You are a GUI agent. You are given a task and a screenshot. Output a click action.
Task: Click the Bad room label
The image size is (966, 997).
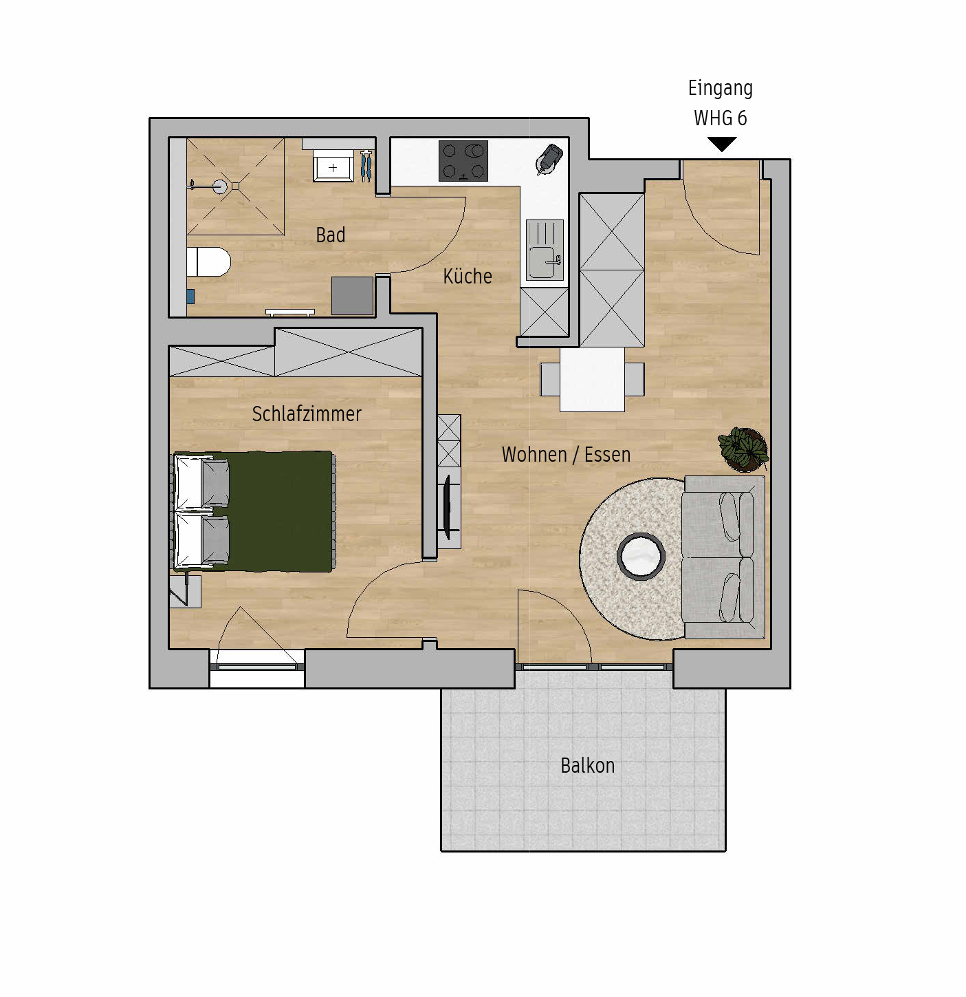tap(330, 235)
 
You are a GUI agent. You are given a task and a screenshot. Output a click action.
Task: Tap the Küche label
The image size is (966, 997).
tap(468, 277)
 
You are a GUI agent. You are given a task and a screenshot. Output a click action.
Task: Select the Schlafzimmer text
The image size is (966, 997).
tap(307, 414)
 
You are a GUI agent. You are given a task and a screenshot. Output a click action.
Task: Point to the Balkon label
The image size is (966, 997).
tap(587, 765)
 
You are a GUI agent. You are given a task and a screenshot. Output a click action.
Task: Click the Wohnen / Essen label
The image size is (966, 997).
tap(566, 454)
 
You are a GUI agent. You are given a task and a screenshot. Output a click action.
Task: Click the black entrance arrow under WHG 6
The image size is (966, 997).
tap(721, 144)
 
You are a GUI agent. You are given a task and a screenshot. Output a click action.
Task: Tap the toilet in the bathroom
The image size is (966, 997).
tap(208, 261)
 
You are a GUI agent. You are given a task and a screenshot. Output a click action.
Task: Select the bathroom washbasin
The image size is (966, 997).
tap(333, 166)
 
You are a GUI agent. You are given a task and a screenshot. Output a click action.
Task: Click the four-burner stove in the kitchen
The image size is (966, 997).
tap(463, 162)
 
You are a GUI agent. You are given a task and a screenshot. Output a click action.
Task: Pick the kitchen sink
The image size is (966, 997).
tap(545, 250)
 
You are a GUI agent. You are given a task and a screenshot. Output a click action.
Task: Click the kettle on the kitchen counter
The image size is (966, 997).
tap(549, 159)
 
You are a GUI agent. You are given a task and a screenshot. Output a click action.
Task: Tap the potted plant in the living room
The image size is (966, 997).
tap(743, 449)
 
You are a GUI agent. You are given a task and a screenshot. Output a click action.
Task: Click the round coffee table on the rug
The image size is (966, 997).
tap(641, 557)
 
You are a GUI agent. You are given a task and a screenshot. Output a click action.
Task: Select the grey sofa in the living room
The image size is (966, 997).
tap(723, 557)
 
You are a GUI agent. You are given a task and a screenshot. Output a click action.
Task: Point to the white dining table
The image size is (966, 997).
tap(592, 380)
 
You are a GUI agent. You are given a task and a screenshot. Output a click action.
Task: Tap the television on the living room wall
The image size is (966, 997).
tap(447, 507)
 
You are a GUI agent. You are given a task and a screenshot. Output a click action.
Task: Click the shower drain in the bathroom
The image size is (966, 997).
tap(220, 186)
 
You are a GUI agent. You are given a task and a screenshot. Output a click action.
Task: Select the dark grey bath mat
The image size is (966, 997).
tap(352, 296)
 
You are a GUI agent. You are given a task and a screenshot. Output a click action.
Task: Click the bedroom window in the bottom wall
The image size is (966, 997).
tap(257, 667)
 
